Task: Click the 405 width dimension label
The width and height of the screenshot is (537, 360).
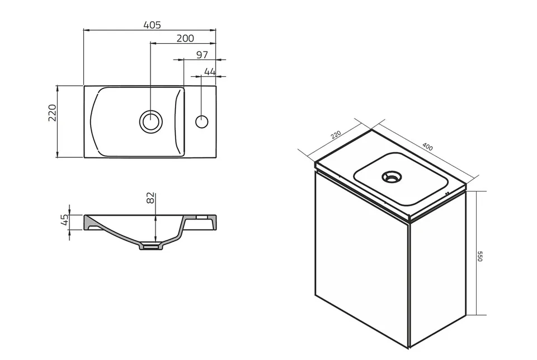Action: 152,25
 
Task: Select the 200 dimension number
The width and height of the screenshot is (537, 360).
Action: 185,38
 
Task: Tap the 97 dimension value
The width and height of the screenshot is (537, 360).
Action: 202,55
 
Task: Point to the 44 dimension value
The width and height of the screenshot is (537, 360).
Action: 210,72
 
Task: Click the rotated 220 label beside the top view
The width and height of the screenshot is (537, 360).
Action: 52,113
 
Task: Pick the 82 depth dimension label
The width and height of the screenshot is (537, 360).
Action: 150,198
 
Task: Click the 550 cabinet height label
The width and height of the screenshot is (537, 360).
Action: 480,256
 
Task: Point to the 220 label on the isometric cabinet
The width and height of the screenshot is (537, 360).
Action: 336,135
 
